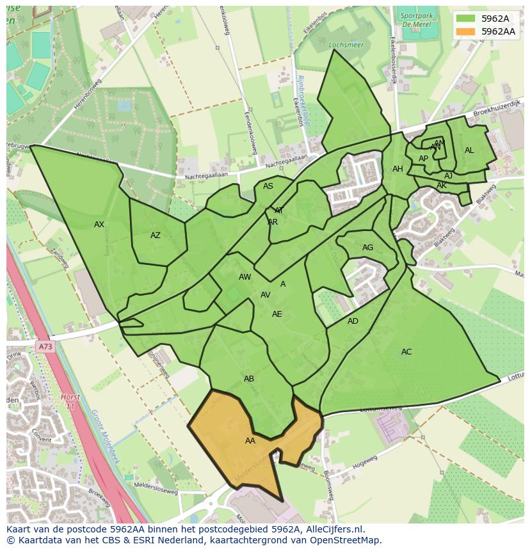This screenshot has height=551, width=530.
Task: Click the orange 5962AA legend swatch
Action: [466, 31]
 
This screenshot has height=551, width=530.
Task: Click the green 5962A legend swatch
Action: [466, 19]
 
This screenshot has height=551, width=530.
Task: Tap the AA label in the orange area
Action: [250, 441]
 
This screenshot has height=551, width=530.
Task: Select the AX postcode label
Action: [99, 225]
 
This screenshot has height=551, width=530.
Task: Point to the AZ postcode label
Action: [156, 236]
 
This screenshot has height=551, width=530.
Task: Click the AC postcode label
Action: [406, 352]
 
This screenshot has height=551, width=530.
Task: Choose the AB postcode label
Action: [249, 379]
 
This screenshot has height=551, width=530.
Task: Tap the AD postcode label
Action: [353, 321]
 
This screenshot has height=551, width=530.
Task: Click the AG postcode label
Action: [367, 248]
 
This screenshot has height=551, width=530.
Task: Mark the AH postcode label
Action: [397, 169]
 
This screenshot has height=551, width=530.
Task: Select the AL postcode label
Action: [469, 150]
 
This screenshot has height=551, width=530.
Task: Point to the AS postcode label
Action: [268, 186]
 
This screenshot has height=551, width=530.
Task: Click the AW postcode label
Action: [245, 277]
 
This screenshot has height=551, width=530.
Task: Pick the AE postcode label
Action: [277, 314]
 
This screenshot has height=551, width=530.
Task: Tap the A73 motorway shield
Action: [45, 347]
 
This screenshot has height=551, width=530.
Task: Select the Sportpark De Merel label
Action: [416, 19]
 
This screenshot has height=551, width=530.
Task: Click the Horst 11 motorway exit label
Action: [70, 402]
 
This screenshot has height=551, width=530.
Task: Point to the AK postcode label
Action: [442, 186]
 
